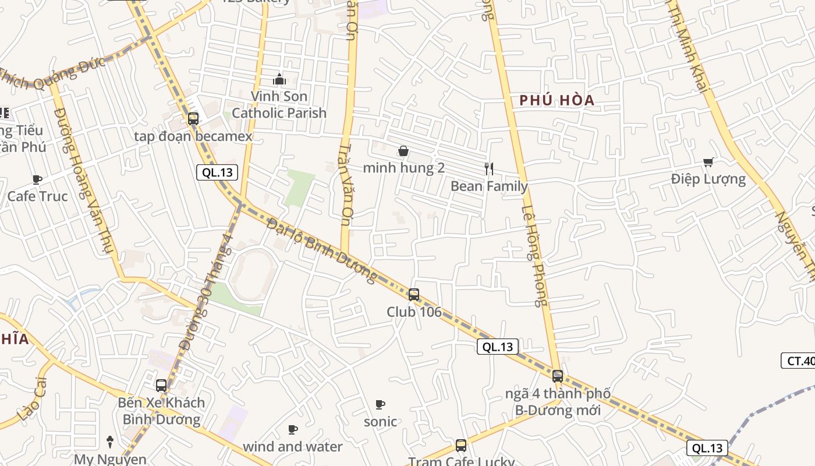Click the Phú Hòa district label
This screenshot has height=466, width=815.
click(x=557, y=100)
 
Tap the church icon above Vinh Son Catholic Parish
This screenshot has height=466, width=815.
click(x=279, y=79)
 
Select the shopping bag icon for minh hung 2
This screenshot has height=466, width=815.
click(x=403, y=151)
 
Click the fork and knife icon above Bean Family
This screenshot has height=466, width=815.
click(x=489, y=169)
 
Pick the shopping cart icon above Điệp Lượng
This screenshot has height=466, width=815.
click(x=708, y=162)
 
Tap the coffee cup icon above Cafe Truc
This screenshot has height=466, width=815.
click(x=37, y=179)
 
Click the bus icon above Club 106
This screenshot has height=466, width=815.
click(x=414, y=295)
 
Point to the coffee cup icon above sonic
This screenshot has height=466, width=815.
click(x=380, y=404)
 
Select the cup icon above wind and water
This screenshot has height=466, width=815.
click(x=293, y=430)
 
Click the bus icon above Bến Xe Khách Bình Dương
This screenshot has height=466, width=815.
click(x=161, y=386)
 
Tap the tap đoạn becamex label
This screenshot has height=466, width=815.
click(x=193, y=136)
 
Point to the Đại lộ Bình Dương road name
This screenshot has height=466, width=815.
click(x=322, y=250)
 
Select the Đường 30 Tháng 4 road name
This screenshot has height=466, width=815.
click(x=207, y=291)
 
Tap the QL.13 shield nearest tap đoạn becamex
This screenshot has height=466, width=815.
click(x=218, y=172)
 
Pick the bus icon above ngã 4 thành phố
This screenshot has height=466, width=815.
click(x=558, y=376)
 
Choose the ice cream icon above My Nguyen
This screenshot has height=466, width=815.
click(x=109, y=442)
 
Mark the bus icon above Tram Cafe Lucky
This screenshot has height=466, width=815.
click(x=461, y=446)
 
